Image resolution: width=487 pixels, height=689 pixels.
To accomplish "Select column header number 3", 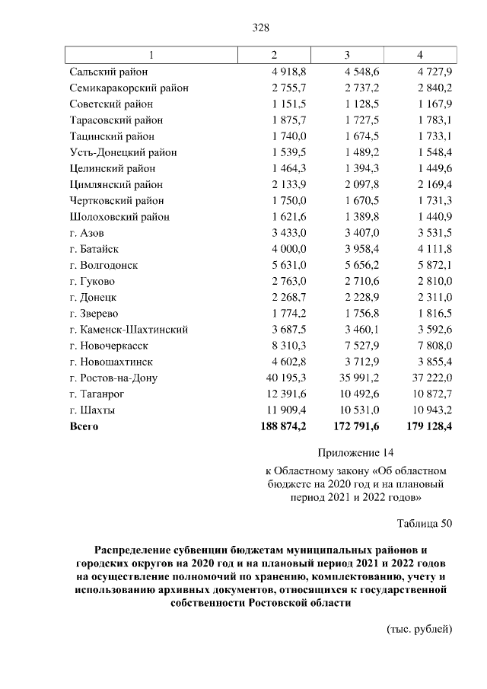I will tap(346, 55).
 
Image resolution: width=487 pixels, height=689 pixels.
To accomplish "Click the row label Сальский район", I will tap(108, 72).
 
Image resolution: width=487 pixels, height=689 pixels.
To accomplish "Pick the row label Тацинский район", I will tap(112, 136).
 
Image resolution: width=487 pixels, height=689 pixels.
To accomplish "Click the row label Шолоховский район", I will tap(119, 217).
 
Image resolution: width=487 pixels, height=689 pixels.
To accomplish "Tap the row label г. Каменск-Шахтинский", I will tap(129, 330).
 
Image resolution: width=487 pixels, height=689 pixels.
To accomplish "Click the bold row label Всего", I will tap(84, 426).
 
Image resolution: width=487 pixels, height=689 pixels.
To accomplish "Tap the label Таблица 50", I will tap(425, 523).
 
